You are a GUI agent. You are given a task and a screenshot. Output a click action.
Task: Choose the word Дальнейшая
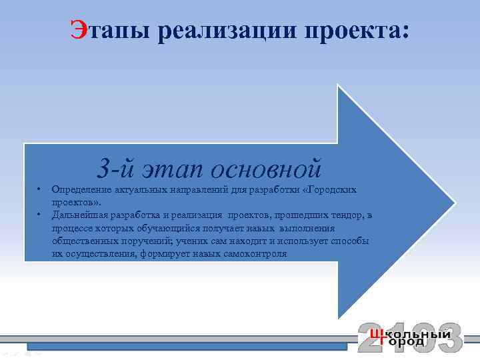(80, 215)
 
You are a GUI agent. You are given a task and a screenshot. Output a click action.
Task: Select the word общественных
(83, 241)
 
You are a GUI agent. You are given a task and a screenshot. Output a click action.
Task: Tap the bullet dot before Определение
(39, 190)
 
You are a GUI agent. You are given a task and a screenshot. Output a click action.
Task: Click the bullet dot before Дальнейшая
(39, 215)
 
